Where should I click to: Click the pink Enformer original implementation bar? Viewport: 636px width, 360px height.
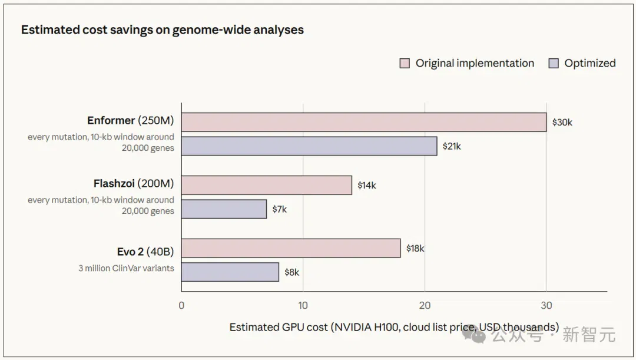pyautogui.click(x=364, y=122)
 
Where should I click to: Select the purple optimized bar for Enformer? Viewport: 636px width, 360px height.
pyautogui.click(x=309, y=146)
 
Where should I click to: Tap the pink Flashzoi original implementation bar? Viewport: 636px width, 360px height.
pyautogui.click(x=267, y=185)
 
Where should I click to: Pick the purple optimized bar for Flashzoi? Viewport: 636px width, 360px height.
pyautogui.click(x=224, y=209)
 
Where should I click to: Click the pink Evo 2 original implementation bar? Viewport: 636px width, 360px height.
pyautogui.click(x=291, y=248)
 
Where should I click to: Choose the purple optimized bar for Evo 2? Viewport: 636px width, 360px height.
pyautogui.click(x=230, y=272)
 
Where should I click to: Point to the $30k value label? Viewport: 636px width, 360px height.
pyautogui.click(x=562, y=122)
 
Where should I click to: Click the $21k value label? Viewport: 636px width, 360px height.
pyautogui.click(x=452, y=146)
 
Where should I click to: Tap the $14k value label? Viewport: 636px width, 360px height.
pyautogui.click(x=367, y=186)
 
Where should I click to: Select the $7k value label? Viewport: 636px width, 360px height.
pyautogui.click(x=280, y=209)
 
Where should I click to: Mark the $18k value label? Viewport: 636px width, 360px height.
pyautogui.click(x=415, y=249)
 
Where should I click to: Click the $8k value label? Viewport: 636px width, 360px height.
pyautogui.click(x=291, y=272)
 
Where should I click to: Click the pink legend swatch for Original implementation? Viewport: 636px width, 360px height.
pyautogui.click(x=405, y=63)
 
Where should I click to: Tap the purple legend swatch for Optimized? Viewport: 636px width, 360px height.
pyautogui.click(x=554, y=63)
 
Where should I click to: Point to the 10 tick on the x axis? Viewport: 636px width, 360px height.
pyautogui.click(x=303, y=306)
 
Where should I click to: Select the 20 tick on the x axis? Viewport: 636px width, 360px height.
pyautogui.click(x=425, y=306)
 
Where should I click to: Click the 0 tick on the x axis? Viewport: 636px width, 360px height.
pyautogui.click(x=181, y=306)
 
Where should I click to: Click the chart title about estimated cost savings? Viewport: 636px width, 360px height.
pyautogui.click(x=163, y=30)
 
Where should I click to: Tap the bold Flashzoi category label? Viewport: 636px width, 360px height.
pyautogui.click(x=114, y=183)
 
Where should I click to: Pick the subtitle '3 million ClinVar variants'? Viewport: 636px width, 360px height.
pyautogui.click(x=126, y=268)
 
